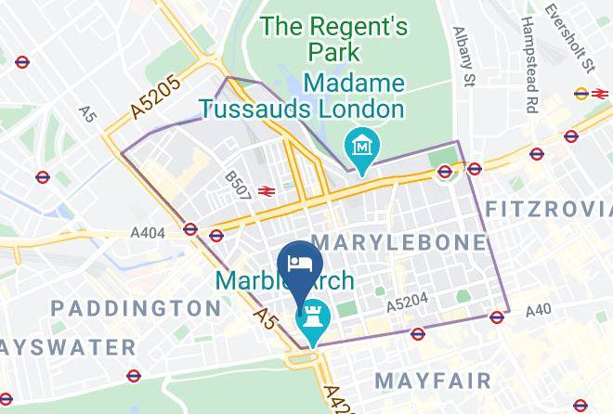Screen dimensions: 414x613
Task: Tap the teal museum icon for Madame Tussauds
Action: (359, 147)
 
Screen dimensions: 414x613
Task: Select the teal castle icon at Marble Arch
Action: (312, 318)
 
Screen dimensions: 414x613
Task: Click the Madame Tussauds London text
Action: (304, 96)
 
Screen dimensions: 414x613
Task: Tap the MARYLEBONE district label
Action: (399, 243)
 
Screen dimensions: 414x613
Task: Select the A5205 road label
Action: (155, 97)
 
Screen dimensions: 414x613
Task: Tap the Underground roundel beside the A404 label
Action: (190, 228)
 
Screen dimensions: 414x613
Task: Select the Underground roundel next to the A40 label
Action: (498, 317)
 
